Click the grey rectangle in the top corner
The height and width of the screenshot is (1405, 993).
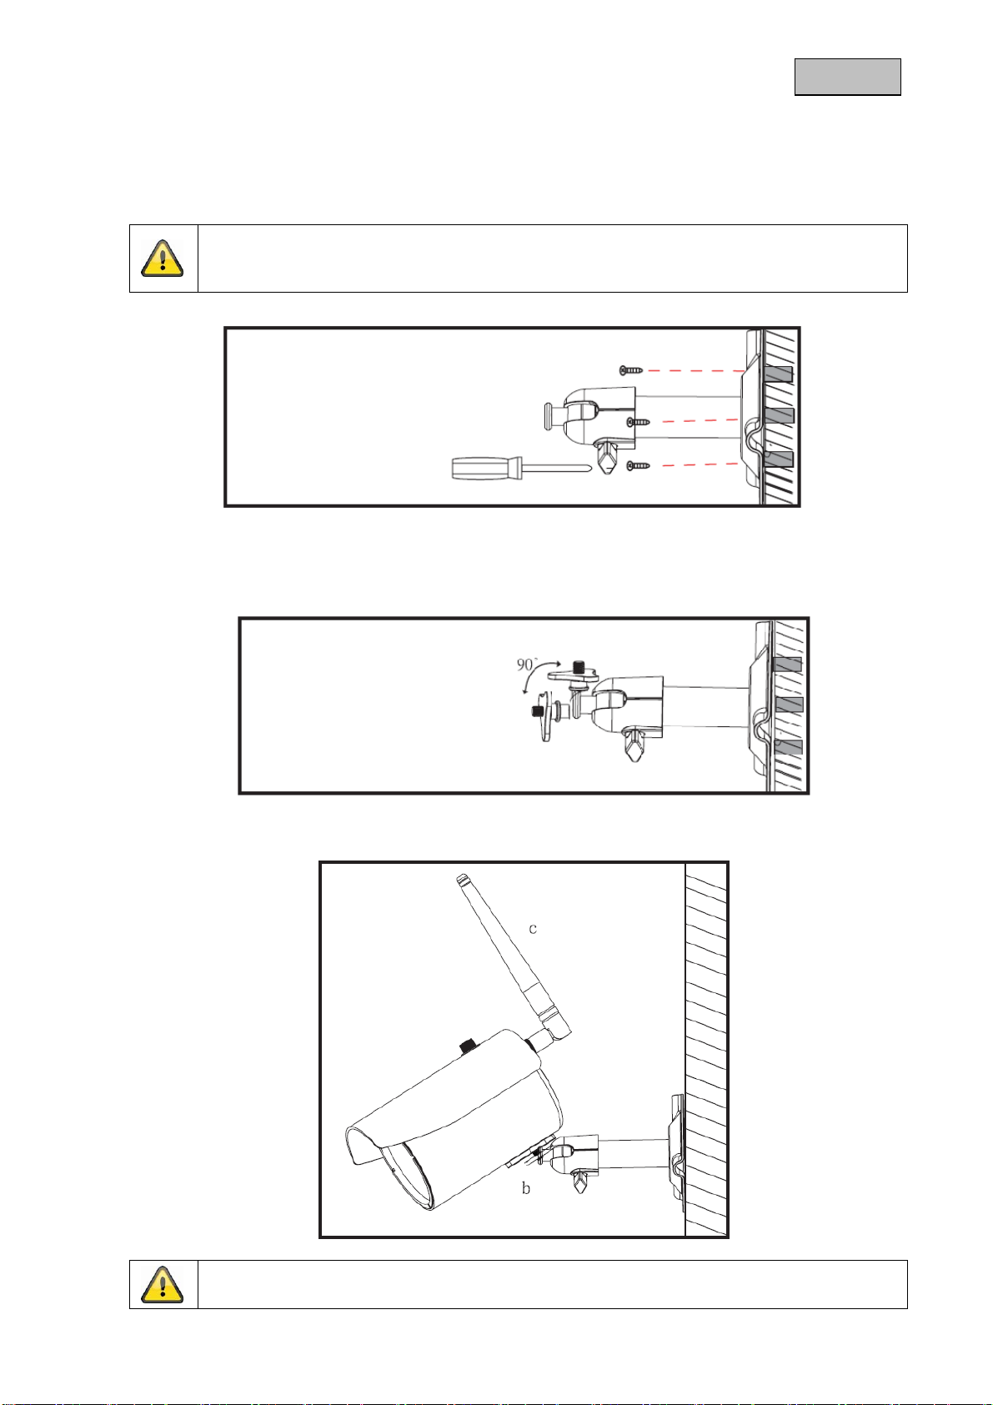(x=847, y=78)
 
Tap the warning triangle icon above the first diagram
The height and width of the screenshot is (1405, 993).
(x=163, y=258)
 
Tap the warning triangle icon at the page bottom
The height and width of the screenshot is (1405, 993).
(x=163, y=1284)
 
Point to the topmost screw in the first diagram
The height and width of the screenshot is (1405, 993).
(x=631, y=370)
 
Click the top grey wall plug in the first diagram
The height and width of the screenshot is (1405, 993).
(x=778, y=375)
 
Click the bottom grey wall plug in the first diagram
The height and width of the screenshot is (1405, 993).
(x=779, y=459)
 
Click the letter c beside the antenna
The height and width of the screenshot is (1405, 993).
(x=533, y=929)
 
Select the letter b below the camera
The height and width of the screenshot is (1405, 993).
(x=525, y=1188)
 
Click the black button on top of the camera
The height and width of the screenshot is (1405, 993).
(x=468, y=1046)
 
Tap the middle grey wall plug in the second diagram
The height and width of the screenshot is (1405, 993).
(x=789, y=705)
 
